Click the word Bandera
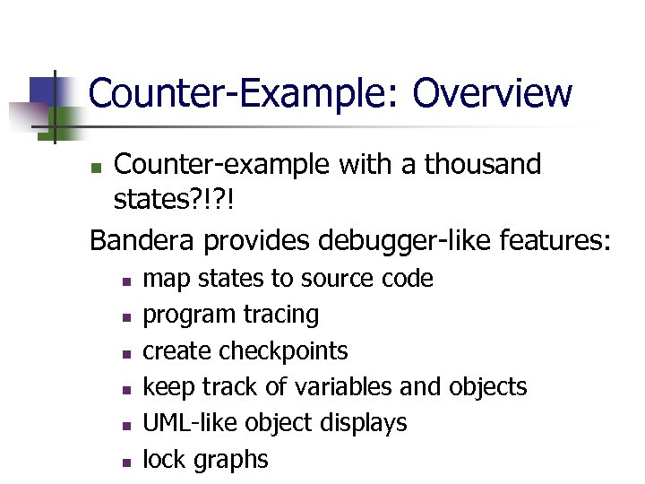pos(142,240)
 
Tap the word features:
pos(555,240)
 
